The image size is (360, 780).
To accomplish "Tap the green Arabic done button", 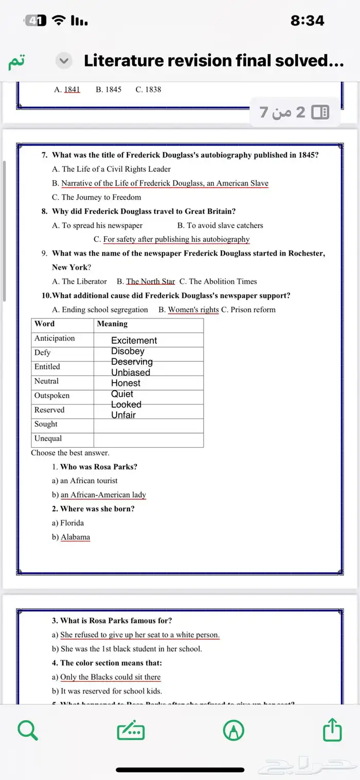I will click(x=15, y=61).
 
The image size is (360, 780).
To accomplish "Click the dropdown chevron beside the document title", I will click(x=64, y=61).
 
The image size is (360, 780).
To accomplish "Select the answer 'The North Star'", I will click(x=151, y=281).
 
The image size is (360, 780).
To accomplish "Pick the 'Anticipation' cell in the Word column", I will click(x=55, y=338).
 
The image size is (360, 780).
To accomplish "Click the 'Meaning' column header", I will click(x=112, y=324).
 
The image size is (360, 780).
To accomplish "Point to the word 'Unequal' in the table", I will click(x=48, y=438).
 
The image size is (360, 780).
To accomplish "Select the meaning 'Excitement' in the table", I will click(x=134, y=340).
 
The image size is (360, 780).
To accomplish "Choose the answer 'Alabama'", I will click(x=75, y=537).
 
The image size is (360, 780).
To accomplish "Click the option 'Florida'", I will click(x=72, y=523).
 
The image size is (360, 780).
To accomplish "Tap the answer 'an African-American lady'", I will click(x=103, y=495).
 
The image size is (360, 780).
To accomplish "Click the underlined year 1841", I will click(x=72, y=90).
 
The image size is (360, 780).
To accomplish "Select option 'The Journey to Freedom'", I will click(x=101, y=197).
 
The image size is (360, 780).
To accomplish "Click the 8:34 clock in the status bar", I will click(x=307, y=21).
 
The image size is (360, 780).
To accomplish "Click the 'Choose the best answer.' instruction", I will click(x=70, y=453).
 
